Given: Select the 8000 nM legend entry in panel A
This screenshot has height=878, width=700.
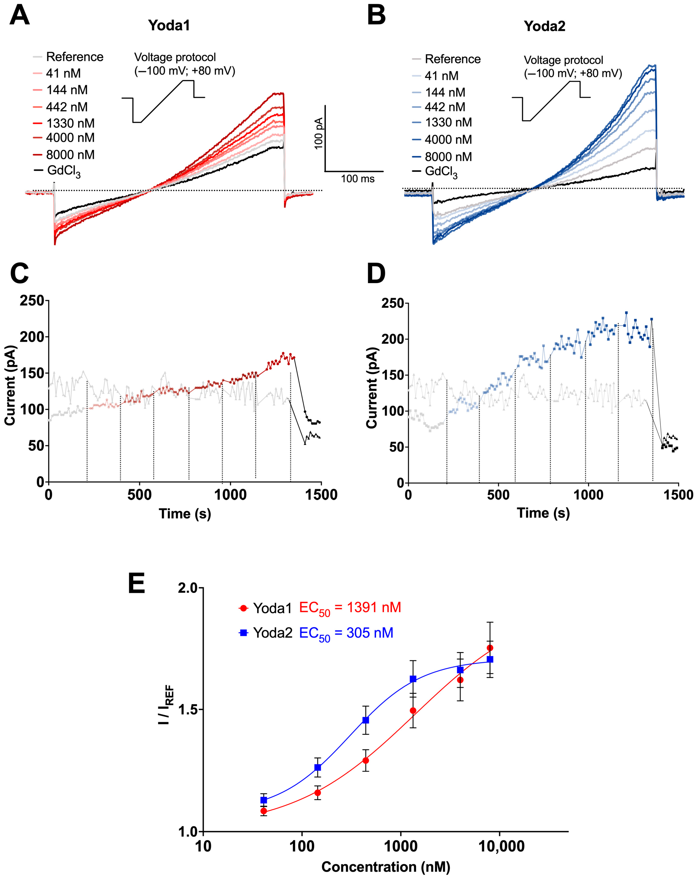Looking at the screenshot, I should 70,155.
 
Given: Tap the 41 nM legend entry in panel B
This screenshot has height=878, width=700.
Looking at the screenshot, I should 441,76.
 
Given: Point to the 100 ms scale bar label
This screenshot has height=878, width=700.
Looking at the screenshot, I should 357,179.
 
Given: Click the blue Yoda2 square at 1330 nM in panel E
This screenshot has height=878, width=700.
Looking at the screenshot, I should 413,679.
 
